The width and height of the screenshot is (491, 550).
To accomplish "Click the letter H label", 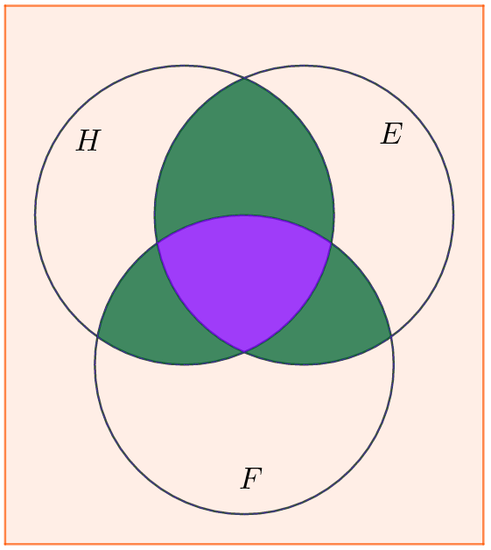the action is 88,141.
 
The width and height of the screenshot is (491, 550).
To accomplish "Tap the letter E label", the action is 391,134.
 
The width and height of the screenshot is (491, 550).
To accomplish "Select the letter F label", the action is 251,478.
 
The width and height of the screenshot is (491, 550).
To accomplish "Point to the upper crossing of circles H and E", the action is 244,79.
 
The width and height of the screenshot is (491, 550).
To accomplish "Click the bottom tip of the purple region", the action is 244,351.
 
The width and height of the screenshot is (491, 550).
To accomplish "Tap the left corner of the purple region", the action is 158,243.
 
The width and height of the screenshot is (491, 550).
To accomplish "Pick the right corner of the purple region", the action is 331,243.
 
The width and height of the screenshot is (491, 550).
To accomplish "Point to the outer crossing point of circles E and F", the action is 391,336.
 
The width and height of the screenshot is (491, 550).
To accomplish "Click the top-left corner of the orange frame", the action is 5,6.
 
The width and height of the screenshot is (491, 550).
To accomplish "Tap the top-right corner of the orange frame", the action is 484,6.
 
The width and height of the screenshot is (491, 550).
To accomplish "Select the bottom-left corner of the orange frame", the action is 5,545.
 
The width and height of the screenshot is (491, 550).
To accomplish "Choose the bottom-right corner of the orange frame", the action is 484,545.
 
